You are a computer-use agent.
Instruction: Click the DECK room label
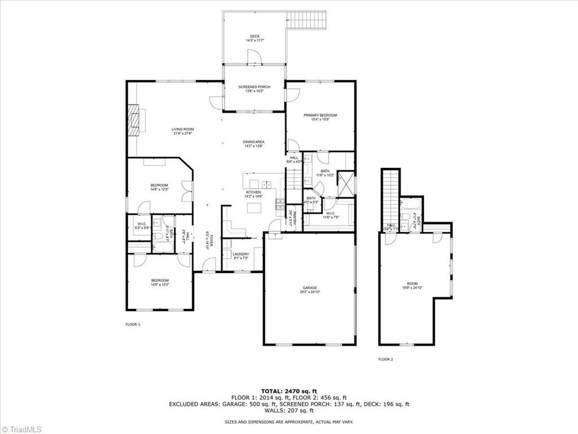(x=255, y=36)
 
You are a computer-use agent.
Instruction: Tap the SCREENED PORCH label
(x=254, y=87)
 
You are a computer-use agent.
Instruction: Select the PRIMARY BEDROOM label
(x=320, y=115)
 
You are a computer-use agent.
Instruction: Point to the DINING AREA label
(x=254, y=142)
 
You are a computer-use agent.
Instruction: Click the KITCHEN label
(x=253, y=193)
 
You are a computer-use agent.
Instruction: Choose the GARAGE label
(x=309, y=288)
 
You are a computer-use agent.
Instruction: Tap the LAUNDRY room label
(x=241, y=254)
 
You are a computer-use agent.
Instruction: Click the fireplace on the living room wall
(x=133, y=119)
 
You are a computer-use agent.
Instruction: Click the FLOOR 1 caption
(x=133, y=324)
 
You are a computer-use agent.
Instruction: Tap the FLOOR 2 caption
(x=386, y=359)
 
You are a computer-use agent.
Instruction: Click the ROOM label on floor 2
(x=412, y=284)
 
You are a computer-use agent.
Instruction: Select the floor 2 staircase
(x=389, y=198)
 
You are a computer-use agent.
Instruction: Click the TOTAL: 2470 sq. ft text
(x=289, y=391)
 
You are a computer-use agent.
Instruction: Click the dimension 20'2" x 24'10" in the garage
(x=309, y=292)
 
